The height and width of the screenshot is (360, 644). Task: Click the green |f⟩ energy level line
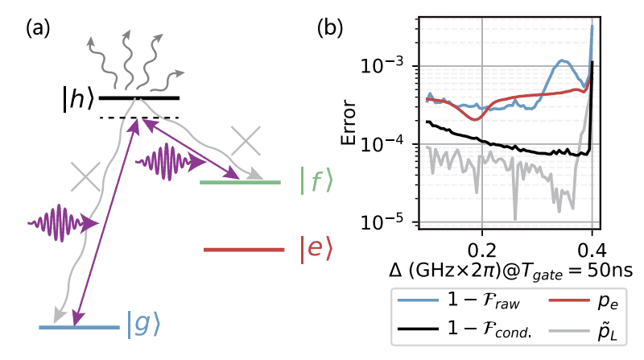[x=240, y=183]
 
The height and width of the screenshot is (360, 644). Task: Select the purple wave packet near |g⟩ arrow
[x=60, y=220]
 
